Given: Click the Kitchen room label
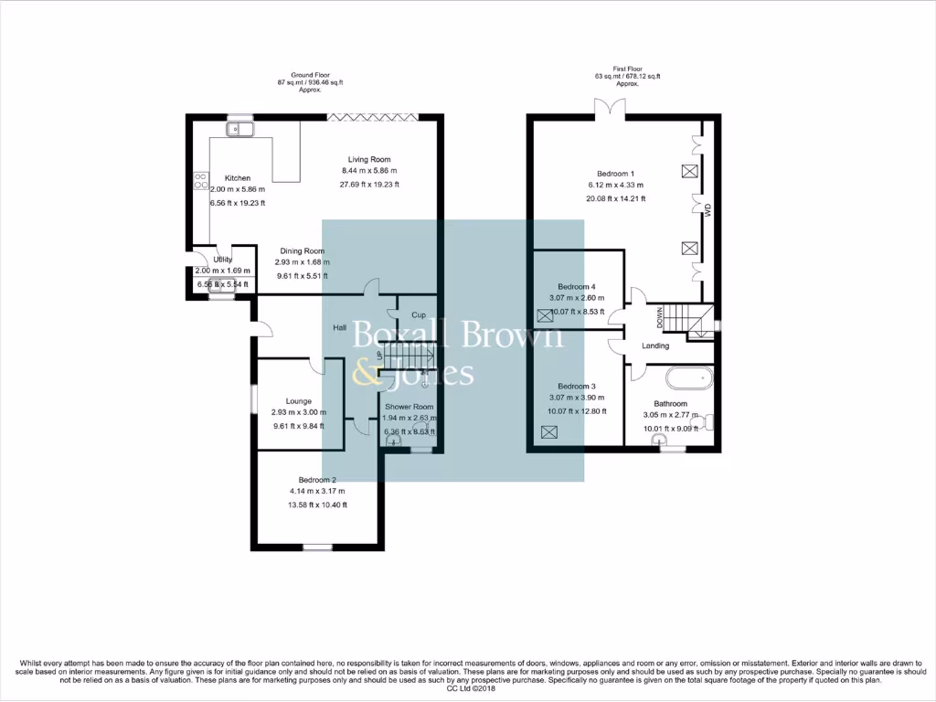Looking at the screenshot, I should click(231, 178).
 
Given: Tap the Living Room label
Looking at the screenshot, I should click(369, 160).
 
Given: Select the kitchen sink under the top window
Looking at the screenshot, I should click(240, 130).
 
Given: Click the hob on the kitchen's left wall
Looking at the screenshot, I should click(200, 181).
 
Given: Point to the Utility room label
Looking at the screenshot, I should click(223, 260).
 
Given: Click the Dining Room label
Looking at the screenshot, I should click(302, 251).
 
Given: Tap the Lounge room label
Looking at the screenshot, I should click(298, 401).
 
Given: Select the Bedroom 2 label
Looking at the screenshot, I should click(317, 480).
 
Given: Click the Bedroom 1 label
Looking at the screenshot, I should click(615, 174).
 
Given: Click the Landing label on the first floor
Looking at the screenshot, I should click(655, 346).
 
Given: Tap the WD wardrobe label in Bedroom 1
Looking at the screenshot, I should click(707, 209).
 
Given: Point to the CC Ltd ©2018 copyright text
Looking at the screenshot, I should click(467, 688).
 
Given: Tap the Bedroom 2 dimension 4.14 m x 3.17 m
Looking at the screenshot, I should click(317, 492).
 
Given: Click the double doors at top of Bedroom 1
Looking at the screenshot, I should click(610, 109).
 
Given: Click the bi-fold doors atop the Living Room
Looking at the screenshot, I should click(373, 116).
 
